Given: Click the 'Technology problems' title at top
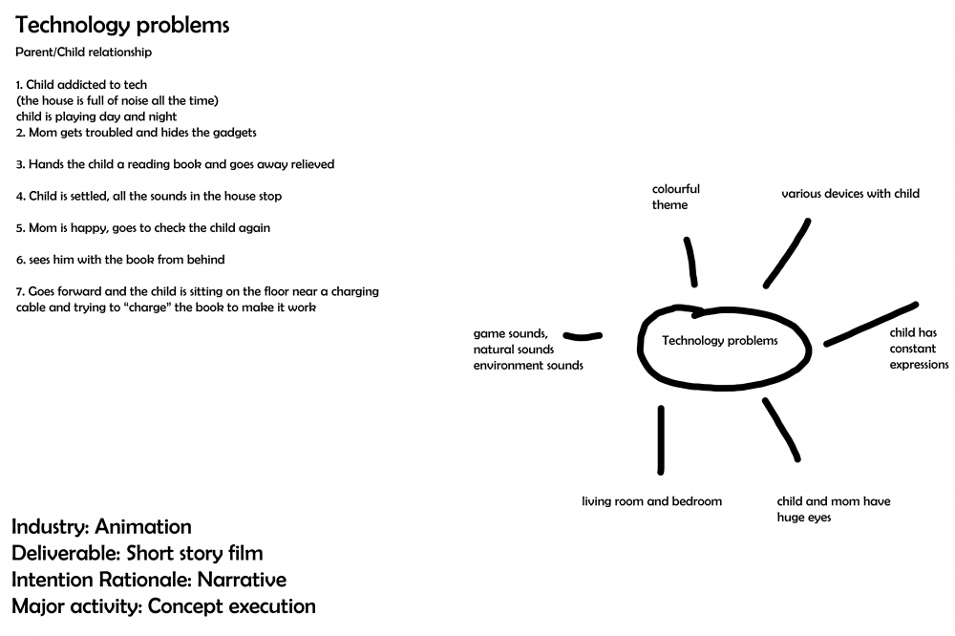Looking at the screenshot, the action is point(122,25).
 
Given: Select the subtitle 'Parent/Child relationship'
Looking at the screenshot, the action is point(83,53).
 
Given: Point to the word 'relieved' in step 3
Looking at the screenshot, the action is point(312,164).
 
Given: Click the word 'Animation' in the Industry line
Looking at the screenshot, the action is point(143,526).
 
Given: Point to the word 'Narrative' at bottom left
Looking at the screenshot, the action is point(242,580).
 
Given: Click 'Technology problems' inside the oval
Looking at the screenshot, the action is point(720,341).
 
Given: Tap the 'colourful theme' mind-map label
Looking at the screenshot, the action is point(676,197).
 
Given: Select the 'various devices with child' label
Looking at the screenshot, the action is point(850,194).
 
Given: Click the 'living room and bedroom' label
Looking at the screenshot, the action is point(651,501).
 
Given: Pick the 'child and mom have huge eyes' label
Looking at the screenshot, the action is point(834,509).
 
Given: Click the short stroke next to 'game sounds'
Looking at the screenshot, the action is point(583,336).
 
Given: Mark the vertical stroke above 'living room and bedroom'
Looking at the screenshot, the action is point(661,440).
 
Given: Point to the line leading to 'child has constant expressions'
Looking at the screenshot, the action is point(871,324).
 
